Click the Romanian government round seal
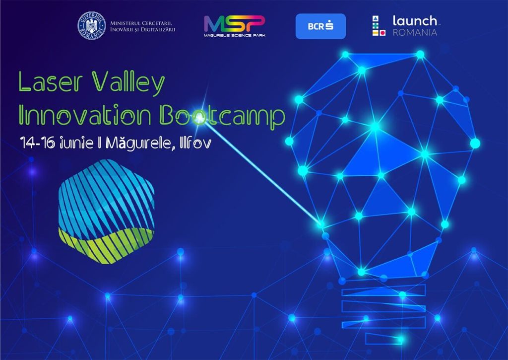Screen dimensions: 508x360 [92, 26]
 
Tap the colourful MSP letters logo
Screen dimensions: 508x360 [234, 23]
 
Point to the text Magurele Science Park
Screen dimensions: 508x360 [234, 35]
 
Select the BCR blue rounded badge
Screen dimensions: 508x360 [320, 26]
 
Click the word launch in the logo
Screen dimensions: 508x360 [415, 21]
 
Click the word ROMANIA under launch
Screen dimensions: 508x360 [415, 32]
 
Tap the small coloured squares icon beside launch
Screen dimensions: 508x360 [379, 26]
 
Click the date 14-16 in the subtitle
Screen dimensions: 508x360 [37, 143]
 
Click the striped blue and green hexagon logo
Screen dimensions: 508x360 [106, 212]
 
